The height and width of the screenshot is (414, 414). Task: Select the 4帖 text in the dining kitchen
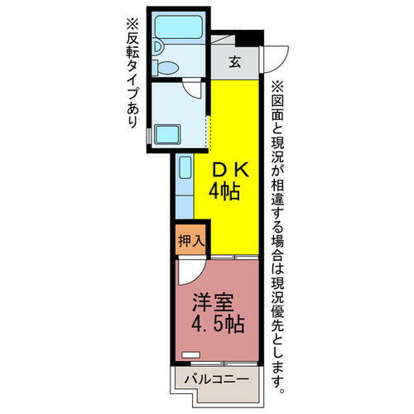tap(224, 192)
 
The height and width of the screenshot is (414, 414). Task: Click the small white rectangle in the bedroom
tap(191, 354)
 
